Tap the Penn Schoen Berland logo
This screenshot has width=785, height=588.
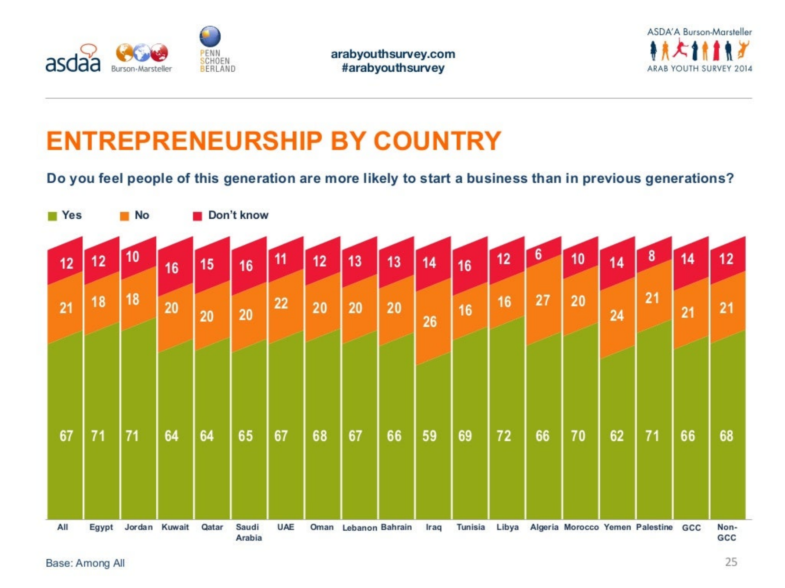(217, 50)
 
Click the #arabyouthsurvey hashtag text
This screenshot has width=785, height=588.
(393, 68)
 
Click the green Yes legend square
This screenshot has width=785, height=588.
(53, 216)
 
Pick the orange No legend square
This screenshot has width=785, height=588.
(125, 216)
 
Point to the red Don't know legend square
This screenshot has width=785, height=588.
(198, 216)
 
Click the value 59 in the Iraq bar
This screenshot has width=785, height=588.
(429, 436)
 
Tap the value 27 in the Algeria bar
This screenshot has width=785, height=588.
(542, 300)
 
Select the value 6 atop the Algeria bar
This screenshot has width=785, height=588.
(538, 254)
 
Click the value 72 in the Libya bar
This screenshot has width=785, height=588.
(504, 436)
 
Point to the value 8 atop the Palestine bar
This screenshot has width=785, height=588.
(651, 256)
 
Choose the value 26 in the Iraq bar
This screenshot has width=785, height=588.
(429, 322)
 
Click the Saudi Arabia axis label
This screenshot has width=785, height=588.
(249, 532)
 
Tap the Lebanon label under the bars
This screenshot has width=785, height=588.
(359, 528)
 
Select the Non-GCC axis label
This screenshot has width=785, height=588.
(727, 532)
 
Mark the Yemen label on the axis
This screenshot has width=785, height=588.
(617, 527)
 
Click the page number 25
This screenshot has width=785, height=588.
(731, 562)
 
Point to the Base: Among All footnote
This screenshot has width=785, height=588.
(85, 563)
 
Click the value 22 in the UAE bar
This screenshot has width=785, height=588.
(281, 303)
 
